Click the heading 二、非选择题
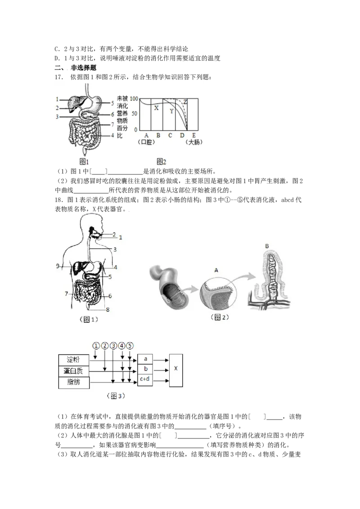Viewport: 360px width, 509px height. pos(76,68)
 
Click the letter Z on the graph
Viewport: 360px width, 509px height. pos(185,102)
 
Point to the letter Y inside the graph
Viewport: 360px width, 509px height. pos(171,111)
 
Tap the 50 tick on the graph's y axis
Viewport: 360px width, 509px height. pos(134,114)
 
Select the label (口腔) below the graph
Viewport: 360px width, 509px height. pos(146,142)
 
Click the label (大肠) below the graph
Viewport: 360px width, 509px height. pos(194,142)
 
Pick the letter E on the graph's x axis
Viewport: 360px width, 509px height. pos(194,135)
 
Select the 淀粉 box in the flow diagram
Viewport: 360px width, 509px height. pos(73,360)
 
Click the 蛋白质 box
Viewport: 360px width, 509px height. pos(73,371)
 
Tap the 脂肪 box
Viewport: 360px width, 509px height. pos(73,382)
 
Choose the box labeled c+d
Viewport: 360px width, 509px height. pos(145,379)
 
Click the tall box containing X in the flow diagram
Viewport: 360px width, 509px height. pos(176,371)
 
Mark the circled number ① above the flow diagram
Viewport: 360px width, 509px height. pos(95,346)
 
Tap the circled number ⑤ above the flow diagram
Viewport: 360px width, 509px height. pos(130,346)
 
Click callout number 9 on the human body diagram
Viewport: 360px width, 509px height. pos(58,266)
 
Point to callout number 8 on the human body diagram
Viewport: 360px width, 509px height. pos(108,310)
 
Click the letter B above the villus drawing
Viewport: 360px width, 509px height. pos(267,246)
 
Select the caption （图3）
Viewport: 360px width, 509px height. pos(116,396)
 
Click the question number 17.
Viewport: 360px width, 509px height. pos(58,77)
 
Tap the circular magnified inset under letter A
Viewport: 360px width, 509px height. pos(217,292)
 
